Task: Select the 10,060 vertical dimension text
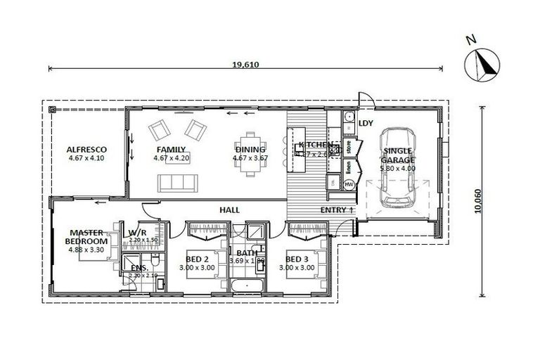tap(478, 200)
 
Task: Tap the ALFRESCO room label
tap(86, 150)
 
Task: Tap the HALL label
tap(230, 210)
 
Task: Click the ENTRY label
tap(334, 210)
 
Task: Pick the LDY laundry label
tap(366, 123)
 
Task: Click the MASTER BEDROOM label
tap(86, 236)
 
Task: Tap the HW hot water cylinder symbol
tap(349, 184)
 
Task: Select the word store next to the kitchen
tap(348, 148)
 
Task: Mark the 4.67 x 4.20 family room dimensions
tap(172, 158)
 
